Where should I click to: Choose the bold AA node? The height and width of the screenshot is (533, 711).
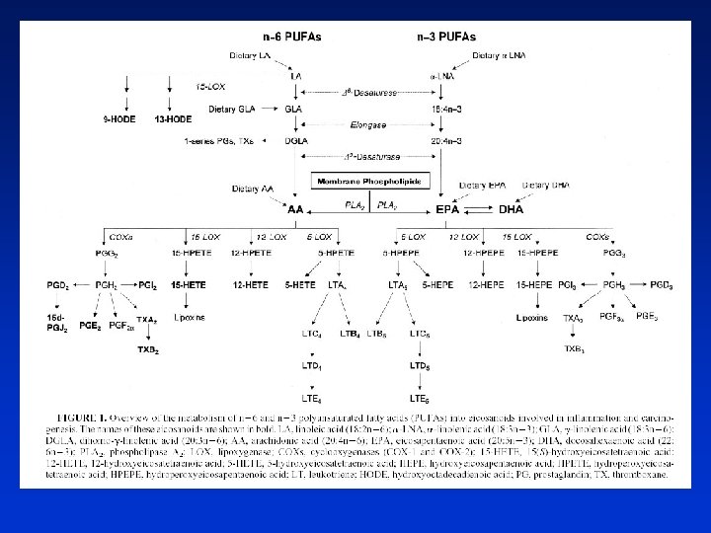point(294,209)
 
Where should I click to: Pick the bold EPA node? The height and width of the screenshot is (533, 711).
point(446,209)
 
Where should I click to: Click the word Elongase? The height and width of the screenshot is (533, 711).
point(368,125)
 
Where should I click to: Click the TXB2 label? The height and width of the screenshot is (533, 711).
point(148,349)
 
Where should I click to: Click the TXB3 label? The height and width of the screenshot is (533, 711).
point(574,348)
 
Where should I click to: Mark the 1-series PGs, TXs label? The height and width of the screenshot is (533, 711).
point(218,141)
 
